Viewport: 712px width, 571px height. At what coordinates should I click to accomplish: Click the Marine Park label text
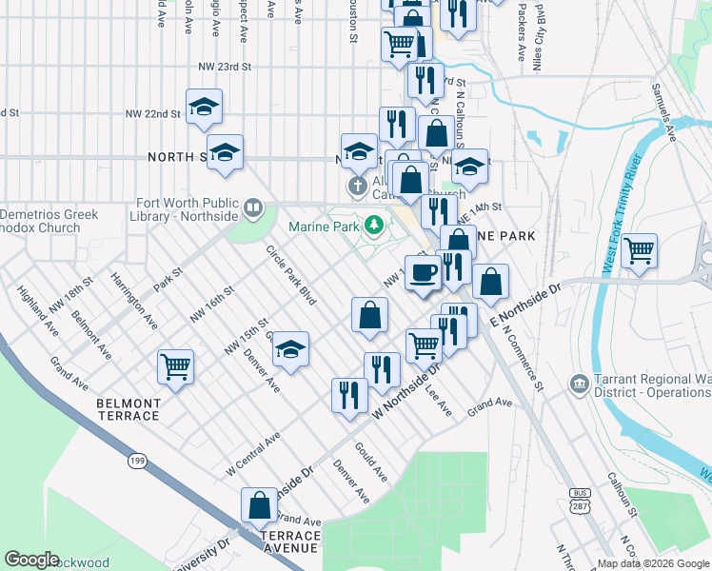pyautogui.click(x=324, y=226)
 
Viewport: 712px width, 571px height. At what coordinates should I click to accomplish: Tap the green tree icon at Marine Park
pyautogui.click(x=375, y=226)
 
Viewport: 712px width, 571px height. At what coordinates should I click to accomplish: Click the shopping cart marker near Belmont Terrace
pyautogui.click(x=176, y=366)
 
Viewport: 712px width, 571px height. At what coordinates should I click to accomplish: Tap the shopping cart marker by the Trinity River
pyautogui.click(x=639, y=250)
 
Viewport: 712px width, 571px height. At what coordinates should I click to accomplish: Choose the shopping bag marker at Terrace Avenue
pyautogui.click(x=259, y=504)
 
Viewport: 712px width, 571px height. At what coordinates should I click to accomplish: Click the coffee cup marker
pyautogui.click(x=423, y=271)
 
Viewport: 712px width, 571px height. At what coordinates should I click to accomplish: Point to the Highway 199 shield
pyautogui.click(x=137, y=461)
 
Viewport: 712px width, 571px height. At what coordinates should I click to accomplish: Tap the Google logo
pyautogui.click(x=32, y=560)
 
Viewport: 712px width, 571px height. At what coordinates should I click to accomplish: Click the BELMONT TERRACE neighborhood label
pyautogui.click(x=129, y=409)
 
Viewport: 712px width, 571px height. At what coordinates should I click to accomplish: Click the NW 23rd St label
pyautogui.click(x=225, y=68)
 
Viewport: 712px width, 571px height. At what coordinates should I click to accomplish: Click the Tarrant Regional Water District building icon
pyautogui.click(x=578, y=384)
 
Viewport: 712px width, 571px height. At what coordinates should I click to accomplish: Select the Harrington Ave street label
pyautogui.click(x=132, y=302)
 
